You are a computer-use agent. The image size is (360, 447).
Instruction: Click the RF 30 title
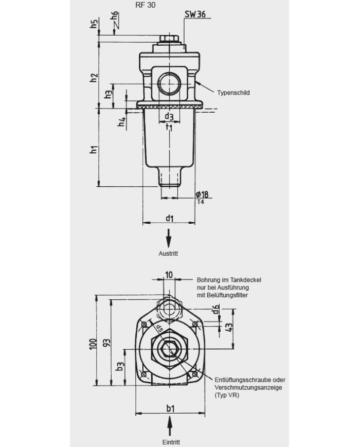pyautogui.click(x=146, y=5)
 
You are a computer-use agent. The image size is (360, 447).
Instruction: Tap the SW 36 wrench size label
pyautogui.click(x=195, y=14)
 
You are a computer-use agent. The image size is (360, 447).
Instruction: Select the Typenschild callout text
pyautogui.click(x=233, y=93)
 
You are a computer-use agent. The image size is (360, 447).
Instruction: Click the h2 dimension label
pyautogui.click(x=94, y=78)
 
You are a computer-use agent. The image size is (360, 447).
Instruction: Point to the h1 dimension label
pyautogui.click(x=94, y=149)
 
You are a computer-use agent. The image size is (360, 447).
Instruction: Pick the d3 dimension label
pyautogui.click(x=169, y=116)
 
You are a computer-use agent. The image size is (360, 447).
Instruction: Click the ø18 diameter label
pyautogui.click(x=202, y=194)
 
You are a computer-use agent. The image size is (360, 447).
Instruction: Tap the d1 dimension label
pyautogui.click(x=170, y=218)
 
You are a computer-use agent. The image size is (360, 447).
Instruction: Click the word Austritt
pyautogui.click(x=168, y=254)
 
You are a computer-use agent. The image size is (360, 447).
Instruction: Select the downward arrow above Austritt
pyautogui.click(x=169, y=238)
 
